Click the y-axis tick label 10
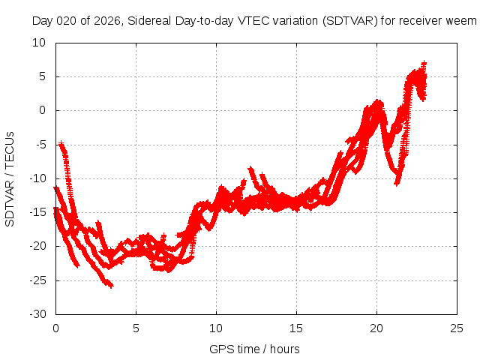(40, 43)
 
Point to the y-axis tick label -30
(37, 314)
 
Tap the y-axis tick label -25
(37, 280)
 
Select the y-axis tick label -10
(37, 178)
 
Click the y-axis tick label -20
(37, 247)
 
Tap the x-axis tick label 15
(297, 328)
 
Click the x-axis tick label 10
(216, 328)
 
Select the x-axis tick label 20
(377, 328)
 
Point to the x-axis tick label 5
(136, 328)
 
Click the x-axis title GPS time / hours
(256, 349)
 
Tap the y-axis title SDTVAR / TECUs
(10, 178)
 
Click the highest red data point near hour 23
(424, 64)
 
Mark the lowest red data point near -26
(111, 286)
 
